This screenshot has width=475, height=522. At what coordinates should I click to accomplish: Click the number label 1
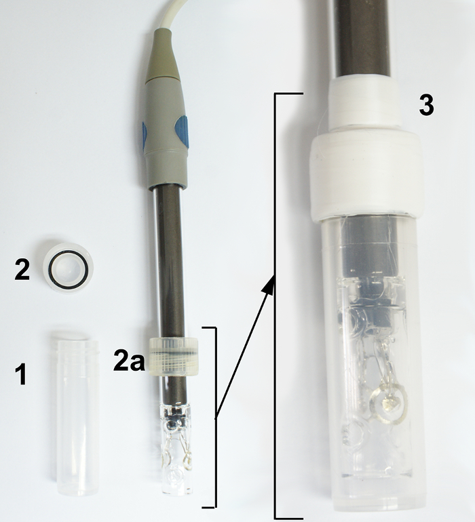[21, 374]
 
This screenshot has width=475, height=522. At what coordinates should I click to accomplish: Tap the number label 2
[22, 270]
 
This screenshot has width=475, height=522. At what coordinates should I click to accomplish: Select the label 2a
[130, 360]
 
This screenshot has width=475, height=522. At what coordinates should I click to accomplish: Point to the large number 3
[426, 105]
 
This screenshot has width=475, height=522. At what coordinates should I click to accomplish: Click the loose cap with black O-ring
[68, 268]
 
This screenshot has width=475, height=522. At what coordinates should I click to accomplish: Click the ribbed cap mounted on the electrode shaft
[174, 356]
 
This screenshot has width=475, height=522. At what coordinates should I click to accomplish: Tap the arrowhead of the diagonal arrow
[269, 286]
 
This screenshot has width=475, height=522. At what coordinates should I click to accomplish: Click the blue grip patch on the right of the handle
[182, 132]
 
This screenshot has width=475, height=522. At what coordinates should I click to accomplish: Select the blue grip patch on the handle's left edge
[145, 136]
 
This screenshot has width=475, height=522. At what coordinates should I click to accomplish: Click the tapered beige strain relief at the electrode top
[162, 56]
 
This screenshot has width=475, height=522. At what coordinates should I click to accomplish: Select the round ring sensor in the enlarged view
[388, 403]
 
